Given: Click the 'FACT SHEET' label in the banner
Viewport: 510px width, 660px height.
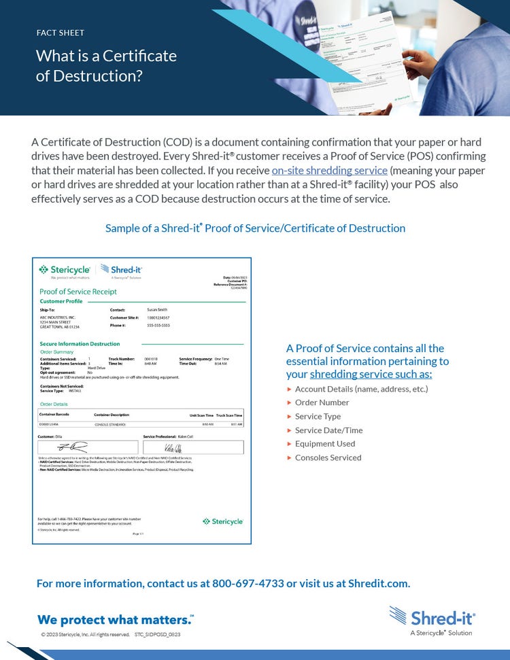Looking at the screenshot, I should click(x=60, y=33).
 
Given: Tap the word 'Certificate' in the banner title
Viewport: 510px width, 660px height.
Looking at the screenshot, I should click(x=140, y=56).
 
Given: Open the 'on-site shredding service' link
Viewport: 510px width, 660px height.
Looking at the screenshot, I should click(x=329, y=171).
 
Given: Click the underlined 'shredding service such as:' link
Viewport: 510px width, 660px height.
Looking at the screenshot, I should click(x=371, y=375).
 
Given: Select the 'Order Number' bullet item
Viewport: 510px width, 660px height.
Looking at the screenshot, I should click(x=322, y=402).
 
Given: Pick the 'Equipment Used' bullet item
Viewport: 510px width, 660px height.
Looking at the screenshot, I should click(x=325, y=444).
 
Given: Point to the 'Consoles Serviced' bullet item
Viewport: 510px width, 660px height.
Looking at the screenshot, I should click(x=328, y=457).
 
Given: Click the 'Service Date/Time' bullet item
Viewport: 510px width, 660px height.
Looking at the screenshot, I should click(x=328, y=430).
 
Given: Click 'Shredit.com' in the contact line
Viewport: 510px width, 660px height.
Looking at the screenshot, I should click(x=379, y=584).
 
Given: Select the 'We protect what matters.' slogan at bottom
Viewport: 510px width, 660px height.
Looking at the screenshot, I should click(x=114, y=620).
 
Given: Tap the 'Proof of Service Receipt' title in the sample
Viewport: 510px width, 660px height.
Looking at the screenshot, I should click(x=78, y=292).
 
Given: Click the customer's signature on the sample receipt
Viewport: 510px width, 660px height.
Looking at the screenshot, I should click(x=72, y=447).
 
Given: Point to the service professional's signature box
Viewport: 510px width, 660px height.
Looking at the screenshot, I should click(x=193, y=447).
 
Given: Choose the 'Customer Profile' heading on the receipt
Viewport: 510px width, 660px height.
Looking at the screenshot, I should click(x=61, y=301).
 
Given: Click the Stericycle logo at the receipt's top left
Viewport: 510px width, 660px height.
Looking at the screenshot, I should click(x=65, y=270).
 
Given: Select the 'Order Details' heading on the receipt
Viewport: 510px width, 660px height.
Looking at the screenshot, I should click(x=54, y=404).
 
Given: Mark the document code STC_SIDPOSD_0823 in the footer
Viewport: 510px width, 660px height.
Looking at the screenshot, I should click(x=158, y=634).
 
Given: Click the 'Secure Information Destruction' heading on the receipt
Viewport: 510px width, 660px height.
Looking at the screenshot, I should click(x=80, y=344).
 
